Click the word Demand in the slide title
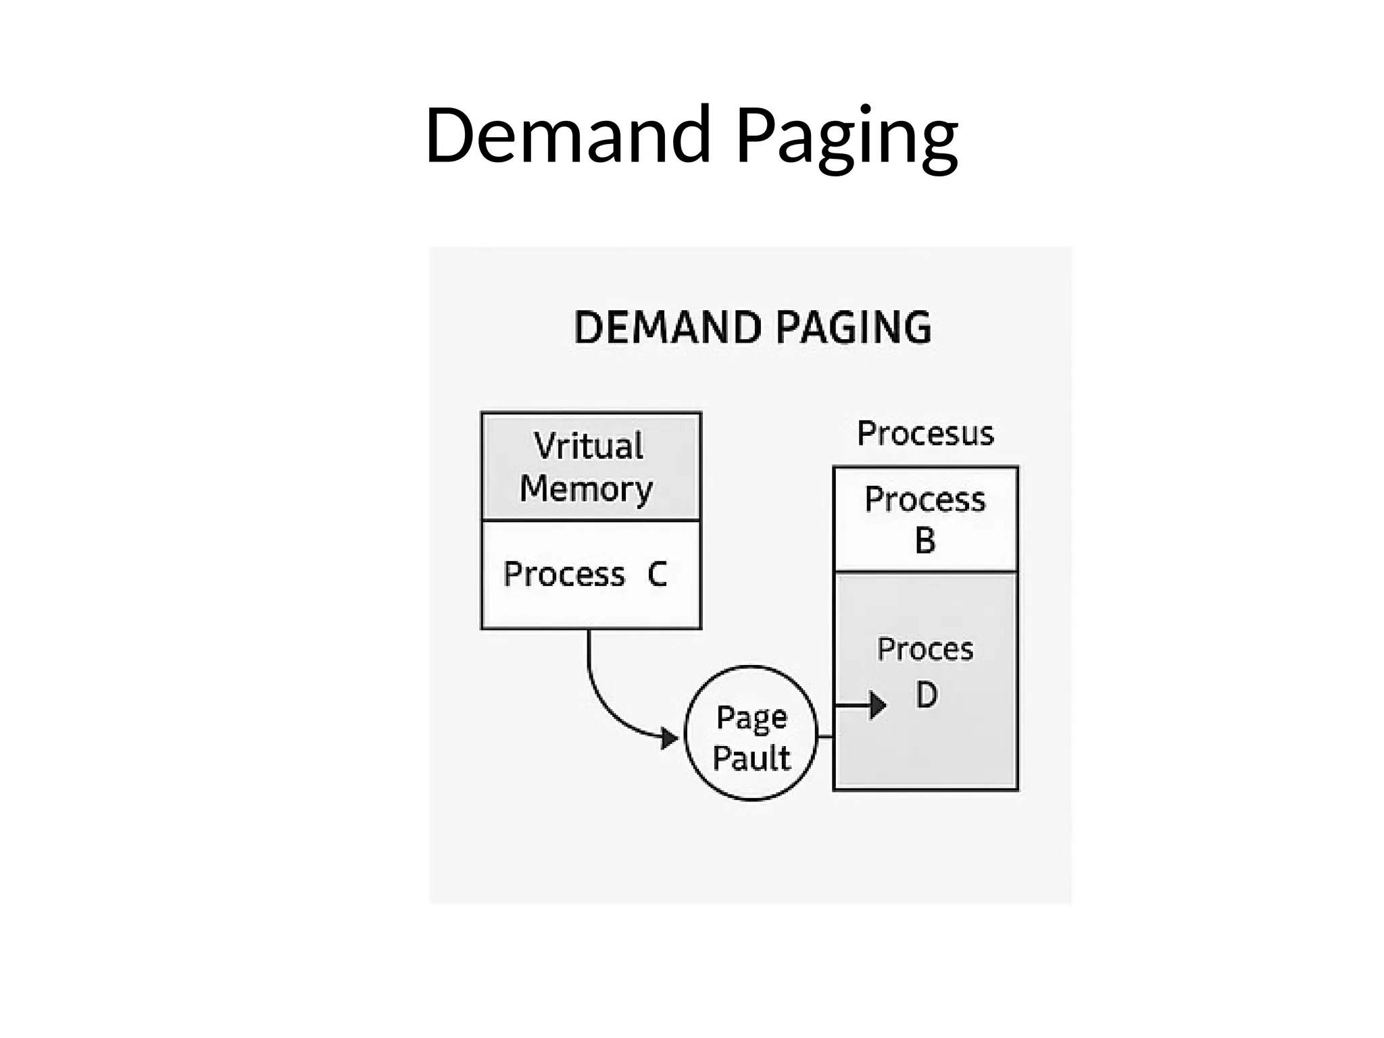[x=568, y=135]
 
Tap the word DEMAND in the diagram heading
[x=668, y=328]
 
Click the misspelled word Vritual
[x=589, y=446]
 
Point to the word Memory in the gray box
[x=586, y=489]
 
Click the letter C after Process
[x=657, y=574]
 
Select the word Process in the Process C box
[x=564, y=574]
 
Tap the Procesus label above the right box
[x=925, y=433]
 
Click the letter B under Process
[x=925, y=541]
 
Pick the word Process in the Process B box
[x=925, y=499]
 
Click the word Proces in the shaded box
[x=925, y=649]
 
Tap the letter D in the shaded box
[x=926, y=695]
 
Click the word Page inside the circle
[x=751, y=718]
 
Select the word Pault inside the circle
[x=751, y=758]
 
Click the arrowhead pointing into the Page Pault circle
[x=670, y=738]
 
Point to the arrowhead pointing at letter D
[x=877, y=706]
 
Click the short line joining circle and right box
[x=825, y=736]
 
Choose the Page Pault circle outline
[x=751, y=667]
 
